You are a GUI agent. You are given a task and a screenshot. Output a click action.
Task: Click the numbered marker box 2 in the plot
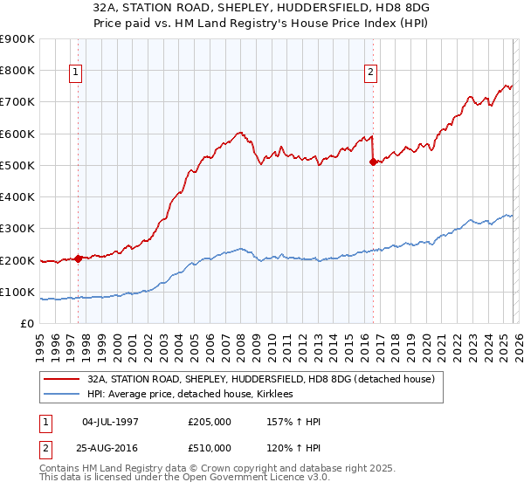(371, 72)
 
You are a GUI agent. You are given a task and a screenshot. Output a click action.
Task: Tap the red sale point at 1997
(78, 258)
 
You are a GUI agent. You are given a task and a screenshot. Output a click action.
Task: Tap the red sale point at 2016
(373, 162)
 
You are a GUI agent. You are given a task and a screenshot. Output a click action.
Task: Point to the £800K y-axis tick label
(17, 71)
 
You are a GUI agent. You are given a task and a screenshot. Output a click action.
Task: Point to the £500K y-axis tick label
(17, 165)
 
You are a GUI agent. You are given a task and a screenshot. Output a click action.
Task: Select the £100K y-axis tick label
(17, 292)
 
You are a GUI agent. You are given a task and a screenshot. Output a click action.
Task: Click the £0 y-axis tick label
(26, 324)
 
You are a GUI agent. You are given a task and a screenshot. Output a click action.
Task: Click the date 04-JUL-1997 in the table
(110, 421)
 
